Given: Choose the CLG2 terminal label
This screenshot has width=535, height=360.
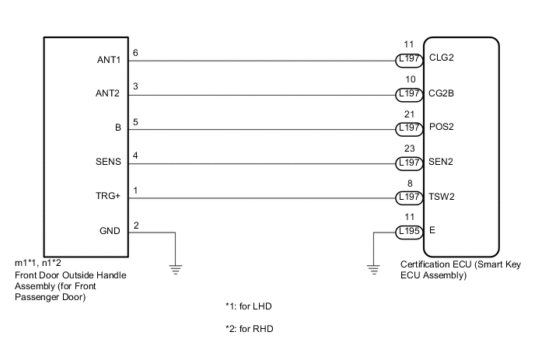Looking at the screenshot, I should (442, 58).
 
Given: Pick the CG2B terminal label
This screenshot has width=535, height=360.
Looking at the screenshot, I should (442, 93).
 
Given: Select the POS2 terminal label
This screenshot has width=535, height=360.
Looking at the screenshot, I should (442, 128).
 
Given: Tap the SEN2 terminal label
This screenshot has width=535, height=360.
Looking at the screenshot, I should (441, 162).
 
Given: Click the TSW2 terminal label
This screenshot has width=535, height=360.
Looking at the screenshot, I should (442, 197).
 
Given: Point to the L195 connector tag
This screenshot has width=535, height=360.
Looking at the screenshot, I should (409, 232).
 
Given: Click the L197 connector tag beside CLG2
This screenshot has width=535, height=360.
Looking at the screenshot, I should (409, 58).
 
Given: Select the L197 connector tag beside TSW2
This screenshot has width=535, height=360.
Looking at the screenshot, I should (409, 197).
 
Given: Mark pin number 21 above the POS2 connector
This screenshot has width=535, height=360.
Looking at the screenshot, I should (408, 114).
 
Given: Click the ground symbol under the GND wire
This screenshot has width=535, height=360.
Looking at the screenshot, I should (177, 269).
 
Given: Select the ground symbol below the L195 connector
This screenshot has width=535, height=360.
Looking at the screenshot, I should (373, 269).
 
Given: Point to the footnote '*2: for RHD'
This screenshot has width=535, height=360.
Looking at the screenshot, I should (249, 329).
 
